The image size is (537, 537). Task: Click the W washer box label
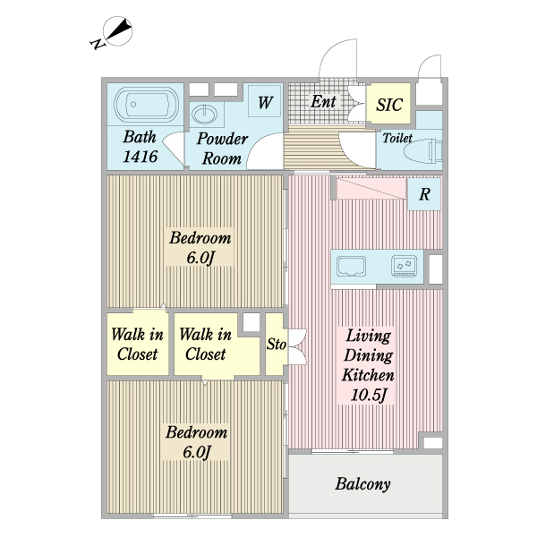(265, 103)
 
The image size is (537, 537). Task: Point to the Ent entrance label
(323, 102)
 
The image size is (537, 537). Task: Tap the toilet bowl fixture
(422, 151)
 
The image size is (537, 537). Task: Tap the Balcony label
(363, 484)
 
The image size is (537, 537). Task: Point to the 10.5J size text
(368, 394)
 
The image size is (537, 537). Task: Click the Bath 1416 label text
(141, 148)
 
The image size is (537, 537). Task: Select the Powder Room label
(221, 149)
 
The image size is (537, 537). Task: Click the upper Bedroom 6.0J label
(200, 248)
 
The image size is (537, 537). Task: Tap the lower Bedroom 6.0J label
(196, 441)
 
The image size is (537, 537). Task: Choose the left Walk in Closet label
(137, 345)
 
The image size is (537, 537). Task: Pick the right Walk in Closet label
(205, 345)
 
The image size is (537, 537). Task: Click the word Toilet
(397, 139)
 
